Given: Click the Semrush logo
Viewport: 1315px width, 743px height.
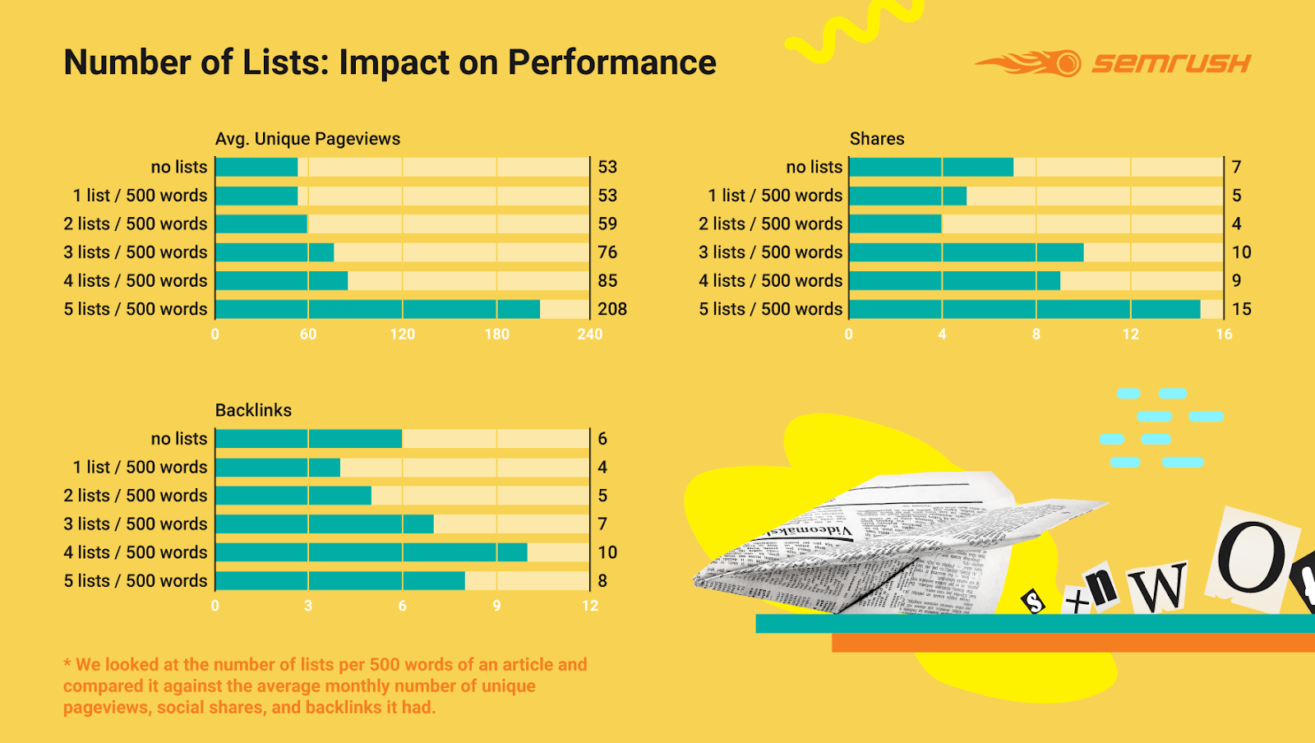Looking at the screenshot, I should pos(1113,63).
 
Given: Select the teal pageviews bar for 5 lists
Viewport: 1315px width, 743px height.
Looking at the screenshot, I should pos(377,309).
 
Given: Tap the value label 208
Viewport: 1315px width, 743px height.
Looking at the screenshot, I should pos(612,309).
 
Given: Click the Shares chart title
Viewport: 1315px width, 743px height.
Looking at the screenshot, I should pos(877,139).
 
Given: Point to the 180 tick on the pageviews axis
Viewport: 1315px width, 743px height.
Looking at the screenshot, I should pos(496,335).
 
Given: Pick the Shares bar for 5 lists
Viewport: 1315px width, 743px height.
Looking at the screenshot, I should pos(1024,309).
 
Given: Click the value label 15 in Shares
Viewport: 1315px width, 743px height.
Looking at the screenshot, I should pos(1241,309).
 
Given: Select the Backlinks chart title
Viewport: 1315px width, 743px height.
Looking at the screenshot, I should pos(253,410).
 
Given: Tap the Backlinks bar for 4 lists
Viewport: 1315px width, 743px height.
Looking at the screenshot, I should pos(371,552).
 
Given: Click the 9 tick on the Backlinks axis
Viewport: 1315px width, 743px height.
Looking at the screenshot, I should pos(496,606).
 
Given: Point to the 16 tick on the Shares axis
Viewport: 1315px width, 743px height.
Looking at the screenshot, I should pos(1224,335).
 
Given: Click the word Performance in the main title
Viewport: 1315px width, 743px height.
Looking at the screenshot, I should pos(611,62).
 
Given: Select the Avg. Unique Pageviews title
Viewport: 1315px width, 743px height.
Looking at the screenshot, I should pos(307,139).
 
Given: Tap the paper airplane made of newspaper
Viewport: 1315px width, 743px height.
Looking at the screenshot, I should pos(871,547).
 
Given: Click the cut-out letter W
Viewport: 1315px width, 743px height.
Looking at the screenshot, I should pos(1158,587).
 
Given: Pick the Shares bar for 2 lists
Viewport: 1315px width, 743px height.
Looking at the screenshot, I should pos(895,224).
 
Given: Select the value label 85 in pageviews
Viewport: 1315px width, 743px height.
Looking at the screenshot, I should pos(607,281).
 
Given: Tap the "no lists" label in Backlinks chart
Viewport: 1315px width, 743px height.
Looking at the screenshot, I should pos(179,439).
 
